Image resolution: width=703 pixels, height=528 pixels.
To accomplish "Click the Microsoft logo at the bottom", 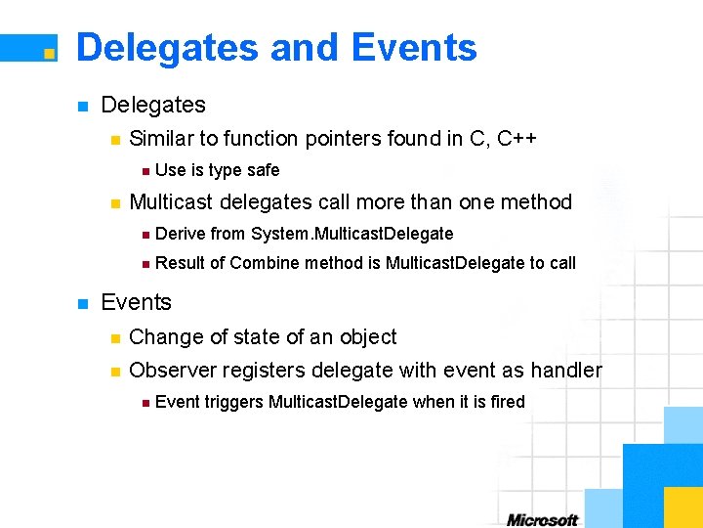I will pos(543,519).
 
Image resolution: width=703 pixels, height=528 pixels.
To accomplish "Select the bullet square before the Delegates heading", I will pos(83,106).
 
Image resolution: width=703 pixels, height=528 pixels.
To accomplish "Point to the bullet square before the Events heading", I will pos(83,303).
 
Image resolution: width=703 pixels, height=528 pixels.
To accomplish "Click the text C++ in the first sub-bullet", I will pos(517,139).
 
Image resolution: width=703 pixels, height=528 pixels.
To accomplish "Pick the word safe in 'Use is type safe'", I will pos(263,170).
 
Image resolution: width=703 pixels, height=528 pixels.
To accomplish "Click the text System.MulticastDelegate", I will pos(352,234).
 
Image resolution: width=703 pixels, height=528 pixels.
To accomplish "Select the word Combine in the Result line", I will pos(265,263).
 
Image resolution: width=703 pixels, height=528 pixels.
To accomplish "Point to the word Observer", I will pos(172,371).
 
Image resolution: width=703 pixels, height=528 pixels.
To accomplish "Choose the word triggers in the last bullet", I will pos(232,402).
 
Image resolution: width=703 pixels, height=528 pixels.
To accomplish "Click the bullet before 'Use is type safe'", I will pos(145,171).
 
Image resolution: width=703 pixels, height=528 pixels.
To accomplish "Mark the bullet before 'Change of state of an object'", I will pos(114,338).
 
